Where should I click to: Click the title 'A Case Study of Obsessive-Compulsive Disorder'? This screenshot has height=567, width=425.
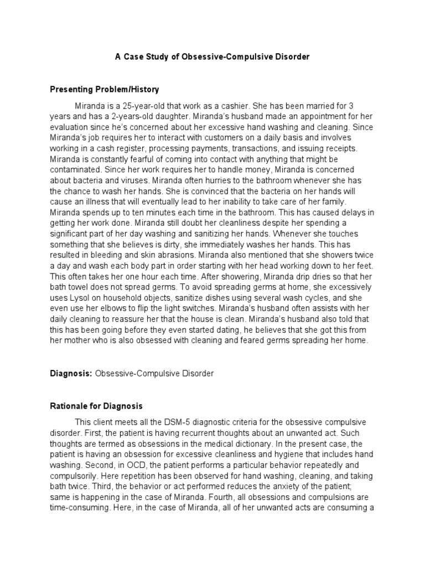[212, 57]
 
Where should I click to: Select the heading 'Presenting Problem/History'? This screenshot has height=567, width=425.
[104, 89]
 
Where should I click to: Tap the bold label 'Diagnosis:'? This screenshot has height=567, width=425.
[71, 374]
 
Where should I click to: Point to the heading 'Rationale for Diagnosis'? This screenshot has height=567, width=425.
[96, 406]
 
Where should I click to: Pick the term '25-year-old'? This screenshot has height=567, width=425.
[136, 106]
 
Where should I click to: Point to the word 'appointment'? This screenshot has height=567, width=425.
[313, 117]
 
